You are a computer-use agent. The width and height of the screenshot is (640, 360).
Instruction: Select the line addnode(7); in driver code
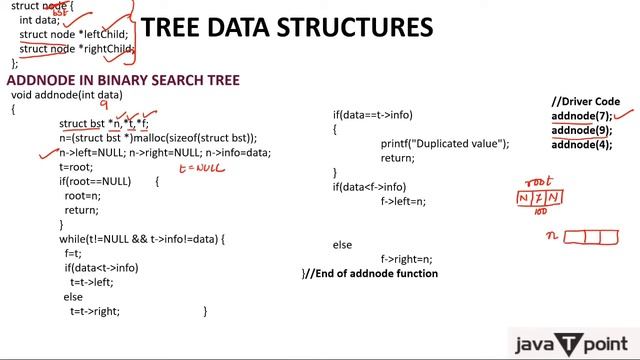point(581,116)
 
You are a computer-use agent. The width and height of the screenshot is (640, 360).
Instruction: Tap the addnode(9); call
point(581,130)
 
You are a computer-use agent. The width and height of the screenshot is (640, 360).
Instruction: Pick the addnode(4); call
point(581,144)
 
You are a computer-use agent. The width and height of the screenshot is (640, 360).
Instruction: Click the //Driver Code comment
point(586,102)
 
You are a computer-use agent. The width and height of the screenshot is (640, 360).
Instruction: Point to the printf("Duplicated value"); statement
point(444,144)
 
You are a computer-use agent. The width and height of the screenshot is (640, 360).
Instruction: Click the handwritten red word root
point(539,183)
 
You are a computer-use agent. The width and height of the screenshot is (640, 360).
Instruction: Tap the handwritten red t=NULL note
point(202,169)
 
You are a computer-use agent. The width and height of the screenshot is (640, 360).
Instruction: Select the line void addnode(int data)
point(66,95)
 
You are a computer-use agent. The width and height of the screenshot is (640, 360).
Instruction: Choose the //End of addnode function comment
point(369,273)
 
